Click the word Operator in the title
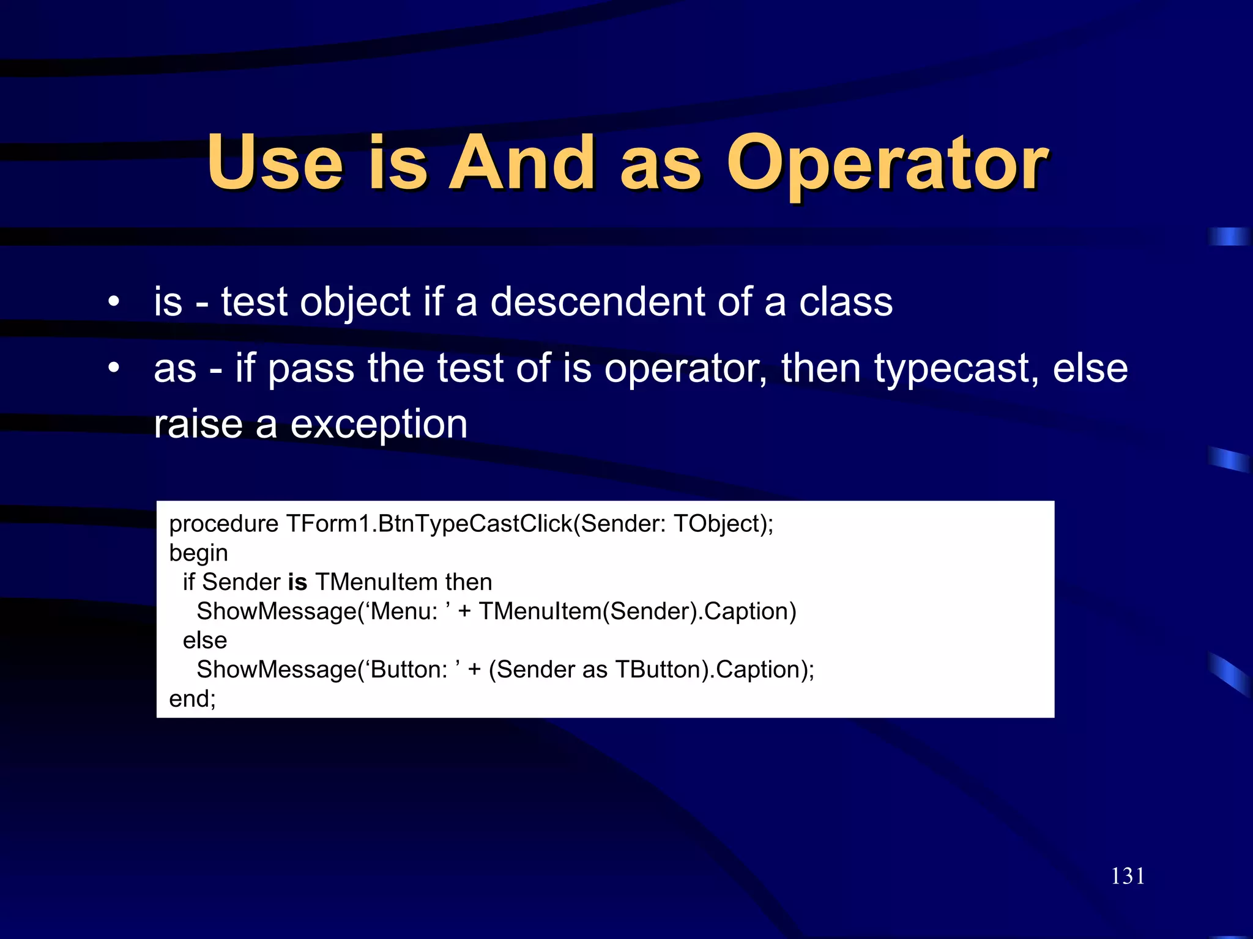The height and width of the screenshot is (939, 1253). click(887, 164)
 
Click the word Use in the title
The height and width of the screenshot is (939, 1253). click(275, 164)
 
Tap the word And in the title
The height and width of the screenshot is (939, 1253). click(521, 164)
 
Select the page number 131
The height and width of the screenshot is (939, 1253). click(1128, 876)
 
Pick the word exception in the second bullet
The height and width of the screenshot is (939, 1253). click(379, 424)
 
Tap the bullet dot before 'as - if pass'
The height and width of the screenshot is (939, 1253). click(113, 368)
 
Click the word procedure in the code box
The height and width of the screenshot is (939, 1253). click(224, 524)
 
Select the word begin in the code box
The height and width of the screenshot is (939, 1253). click(198, 553)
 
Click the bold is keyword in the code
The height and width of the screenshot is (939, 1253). click(297, 582)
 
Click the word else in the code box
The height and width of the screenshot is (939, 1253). click(205, 640)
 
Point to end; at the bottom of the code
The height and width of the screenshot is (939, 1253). click(192, 699)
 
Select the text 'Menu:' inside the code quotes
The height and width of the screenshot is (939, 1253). click(404, 611)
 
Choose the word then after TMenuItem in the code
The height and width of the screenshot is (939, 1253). click(469, 582)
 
